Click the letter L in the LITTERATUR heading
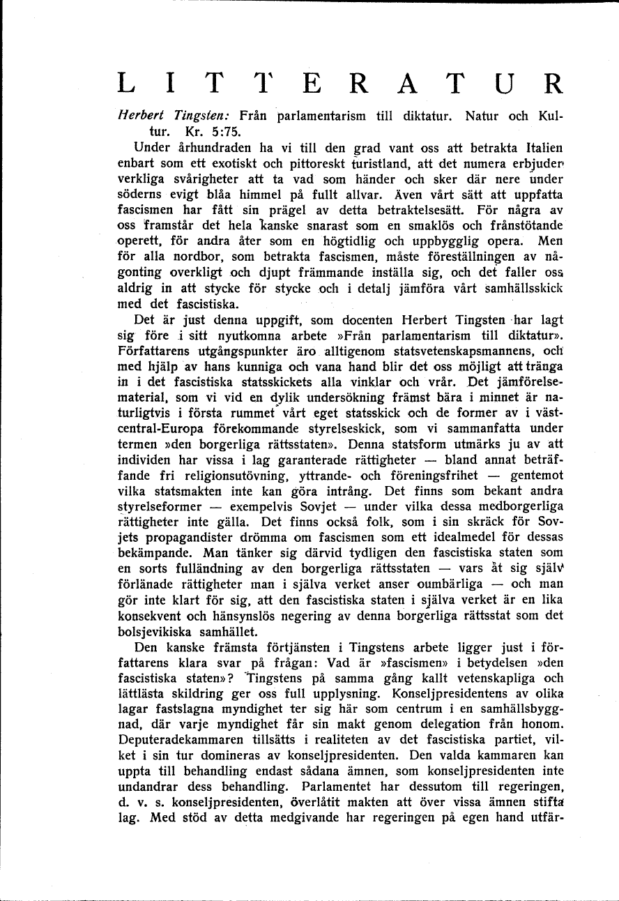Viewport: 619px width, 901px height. pyautogui.click(x=127, y=83)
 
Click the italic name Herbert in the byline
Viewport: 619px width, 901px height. pyautogui.click(x=139, y=116)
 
